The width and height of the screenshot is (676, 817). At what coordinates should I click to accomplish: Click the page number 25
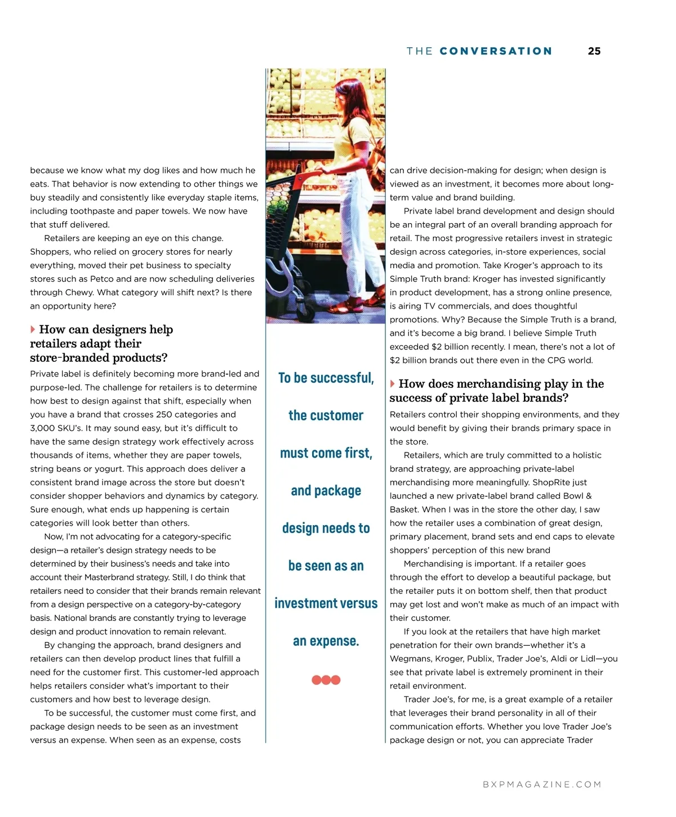(594, 51)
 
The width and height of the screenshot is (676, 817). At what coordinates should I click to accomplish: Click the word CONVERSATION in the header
(496, 51)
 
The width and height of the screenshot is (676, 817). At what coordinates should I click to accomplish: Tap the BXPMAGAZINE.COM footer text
(542, 784)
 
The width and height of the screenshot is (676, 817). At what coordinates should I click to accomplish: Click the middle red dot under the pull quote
(326, 680)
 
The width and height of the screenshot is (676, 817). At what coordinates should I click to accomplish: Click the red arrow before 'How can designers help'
(33, 330)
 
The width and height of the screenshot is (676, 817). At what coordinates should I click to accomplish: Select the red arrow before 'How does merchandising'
(393, 384)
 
